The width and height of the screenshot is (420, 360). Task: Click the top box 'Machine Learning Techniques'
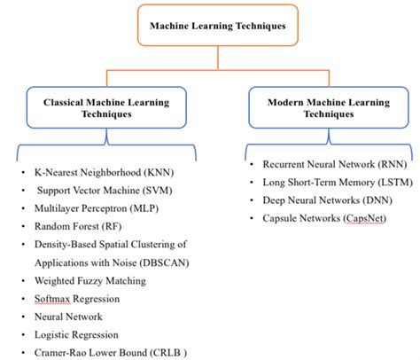point(210,26)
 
